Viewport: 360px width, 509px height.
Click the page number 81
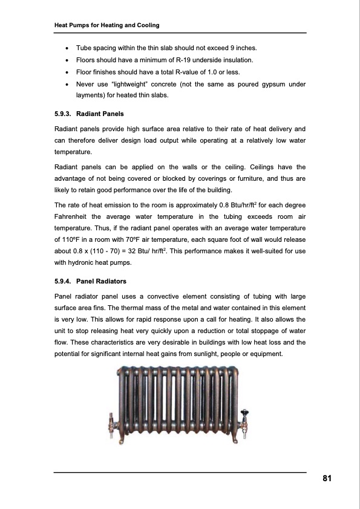pyautogui.click(x=327, y=479)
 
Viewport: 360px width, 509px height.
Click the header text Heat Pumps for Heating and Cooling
pyautogui.click(x=106, y=25)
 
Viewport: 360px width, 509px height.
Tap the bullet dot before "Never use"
pyautogui.click(x=65, y=85)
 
